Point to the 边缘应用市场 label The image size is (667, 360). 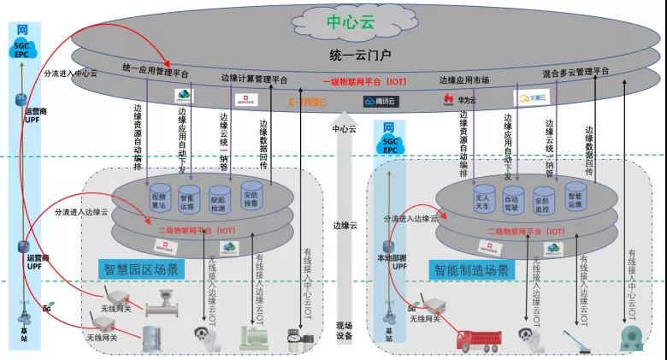(x=464, y=80)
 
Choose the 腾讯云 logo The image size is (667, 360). (x=381, y=102)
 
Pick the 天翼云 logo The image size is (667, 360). (x=532, y=98)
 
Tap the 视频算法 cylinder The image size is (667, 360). (x=158, y=199)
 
